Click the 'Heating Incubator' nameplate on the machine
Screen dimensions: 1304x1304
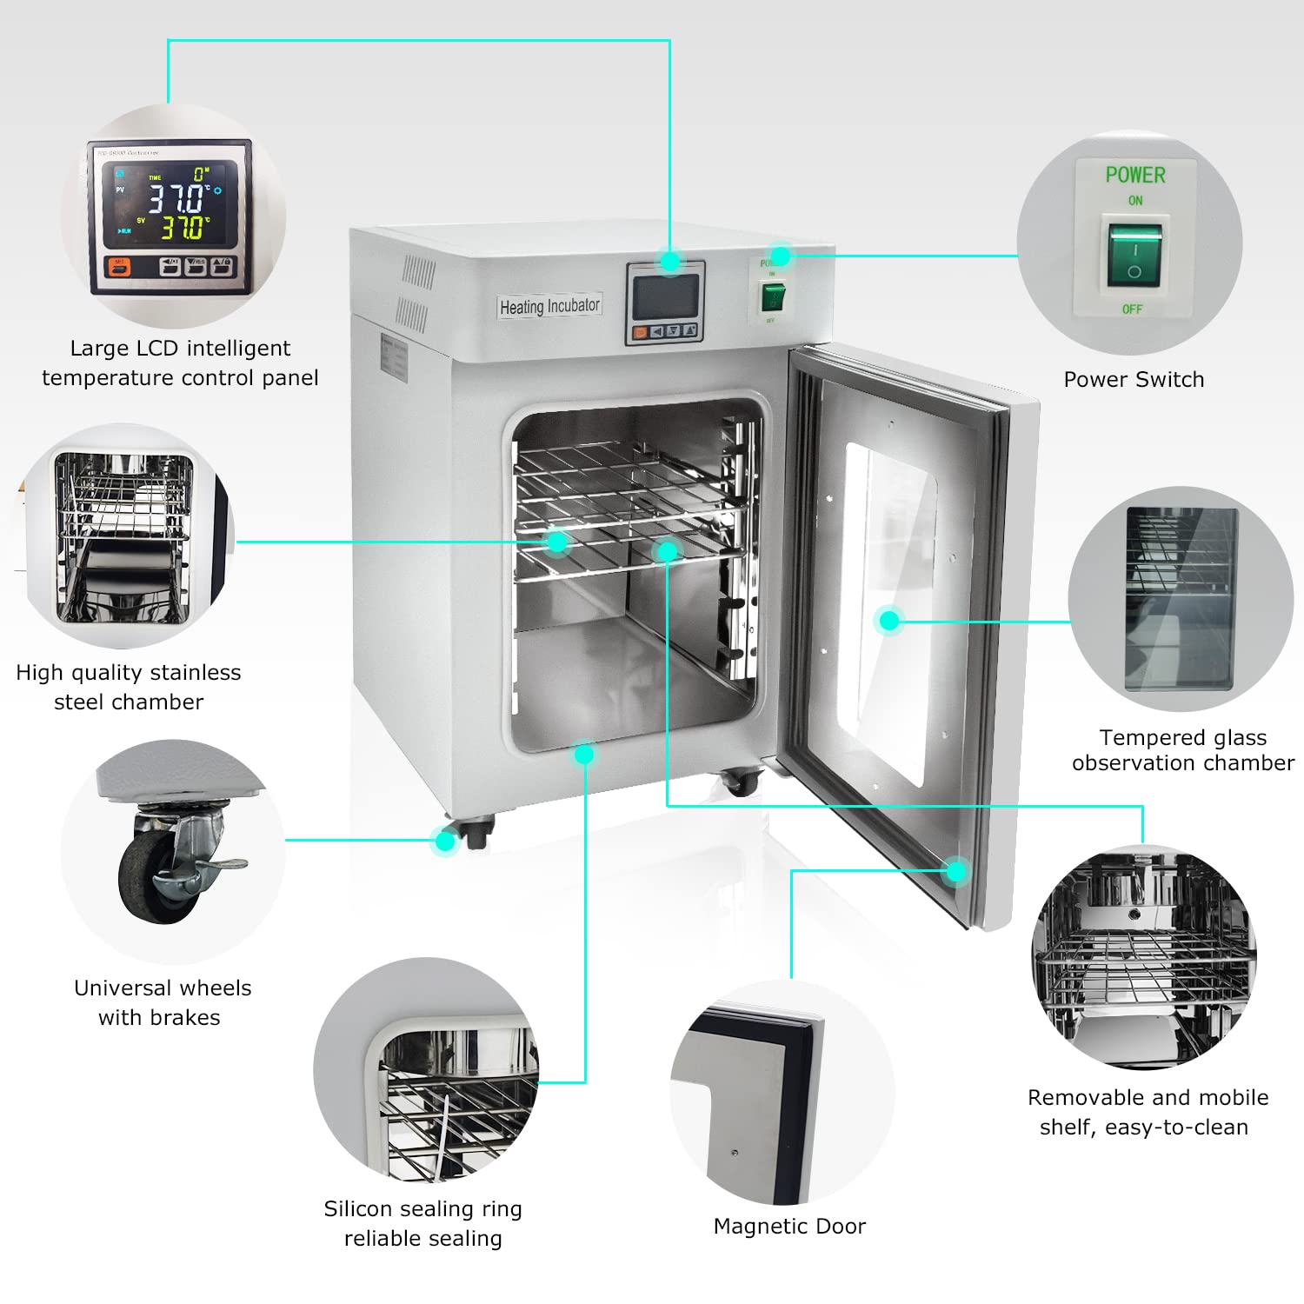pos(549,307)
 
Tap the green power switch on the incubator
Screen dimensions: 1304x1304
pos(773,296)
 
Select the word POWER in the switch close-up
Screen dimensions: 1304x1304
pos(1135,175)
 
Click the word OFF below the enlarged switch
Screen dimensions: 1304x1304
pos(1132,309)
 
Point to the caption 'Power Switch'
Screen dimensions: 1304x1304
pos(1134,380)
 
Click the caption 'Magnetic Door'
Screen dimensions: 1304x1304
pos(789,1226)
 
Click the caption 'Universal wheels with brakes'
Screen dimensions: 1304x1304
pos(162,1002)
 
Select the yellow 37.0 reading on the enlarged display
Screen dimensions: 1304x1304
pos(183,229)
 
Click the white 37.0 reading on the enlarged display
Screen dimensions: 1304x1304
pos(177,198)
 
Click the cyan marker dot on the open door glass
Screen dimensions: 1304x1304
pos(888,620)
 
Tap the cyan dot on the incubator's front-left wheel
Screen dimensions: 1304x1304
pos(446,841)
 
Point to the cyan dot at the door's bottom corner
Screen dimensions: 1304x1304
pos(956,871)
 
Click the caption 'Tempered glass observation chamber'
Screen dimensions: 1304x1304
pos(1182,750)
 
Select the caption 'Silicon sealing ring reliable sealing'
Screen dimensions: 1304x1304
pos(422,1223)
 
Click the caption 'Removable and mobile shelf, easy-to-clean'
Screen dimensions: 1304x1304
pos(1147,1112)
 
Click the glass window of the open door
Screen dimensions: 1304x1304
pos(891,609)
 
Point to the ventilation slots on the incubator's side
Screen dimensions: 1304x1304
pos(416,296)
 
